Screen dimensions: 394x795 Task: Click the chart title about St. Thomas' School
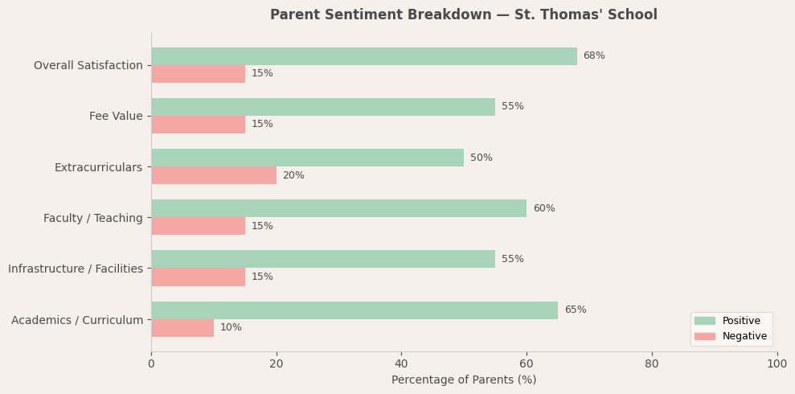pos(463,15)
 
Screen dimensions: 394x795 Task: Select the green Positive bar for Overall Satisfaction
pos(363,56)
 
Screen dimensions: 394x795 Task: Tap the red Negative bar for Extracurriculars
pos(214,175)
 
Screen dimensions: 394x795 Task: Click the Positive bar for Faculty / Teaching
pos(338,208)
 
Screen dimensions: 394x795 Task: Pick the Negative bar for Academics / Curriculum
pos(182,328)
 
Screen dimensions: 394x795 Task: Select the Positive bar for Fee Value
pos(323,107)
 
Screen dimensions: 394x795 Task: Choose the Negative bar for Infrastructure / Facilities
pos(198,277)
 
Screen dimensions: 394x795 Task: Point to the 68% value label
pos(594,56)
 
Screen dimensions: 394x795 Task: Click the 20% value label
pos(293,175)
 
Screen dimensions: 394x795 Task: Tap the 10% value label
pos(231,328)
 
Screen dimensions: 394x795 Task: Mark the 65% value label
pos(575,310)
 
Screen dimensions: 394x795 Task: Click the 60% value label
pos(543,209)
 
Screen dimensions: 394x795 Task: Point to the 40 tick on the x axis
pos(401,364)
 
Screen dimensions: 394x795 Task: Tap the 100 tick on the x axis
pos(777,364)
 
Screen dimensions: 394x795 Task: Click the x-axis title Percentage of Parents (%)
pos(464,380)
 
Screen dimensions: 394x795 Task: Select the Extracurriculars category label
pos(98,167)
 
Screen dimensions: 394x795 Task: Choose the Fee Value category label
pos(116,117)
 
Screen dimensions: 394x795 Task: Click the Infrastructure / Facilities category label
pos(76,269)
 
